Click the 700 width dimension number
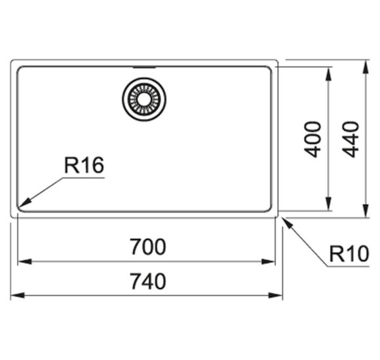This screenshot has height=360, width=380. click(x=148, y=247)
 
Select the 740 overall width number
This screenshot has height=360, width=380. click(x=148, y=281)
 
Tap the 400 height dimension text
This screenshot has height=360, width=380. click(x=313, y=139)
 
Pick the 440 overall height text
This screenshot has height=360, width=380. click(x=351, y=139)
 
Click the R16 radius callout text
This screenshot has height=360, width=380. click(x=84, y=165)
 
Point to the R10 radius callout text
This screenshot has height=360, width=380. click(x=349, y=254)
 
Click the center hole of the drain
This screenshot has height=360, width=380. click(x=144, y=99)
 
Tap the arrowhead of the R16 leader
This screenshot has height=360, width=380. click(x=25, y=202)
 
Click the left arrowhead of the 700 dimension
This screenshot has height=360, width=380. click(x=25, y=261)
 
